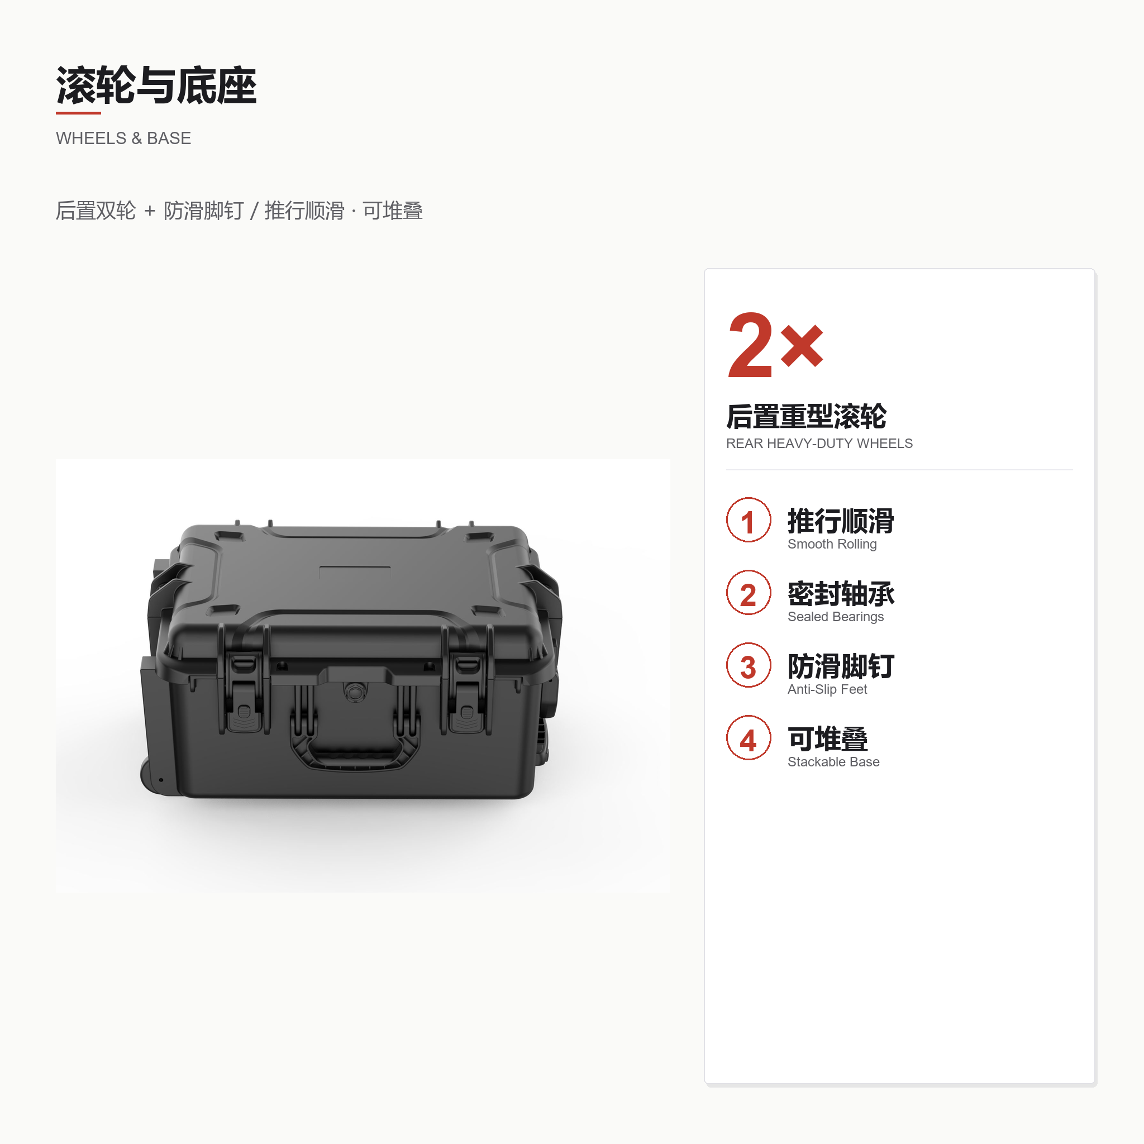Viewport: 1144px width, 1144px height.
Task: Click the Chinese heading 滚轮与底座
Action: (156, 86)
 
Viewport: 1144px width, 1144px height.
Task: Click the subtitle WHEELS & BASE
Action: (123, 139)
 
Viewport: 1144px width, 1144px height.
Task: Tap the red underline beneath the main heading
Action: (78, 112)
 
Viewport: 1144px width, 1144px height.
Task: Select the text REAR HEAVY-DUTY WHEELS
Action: (819, 444)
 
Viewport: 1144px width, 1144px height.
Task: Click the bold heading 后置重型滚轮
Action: (807, 416)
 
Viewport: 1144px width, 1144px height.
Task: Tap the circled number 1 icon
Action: (749, 520)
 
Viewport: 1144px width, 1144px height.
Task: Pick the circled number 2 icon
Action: (749, 593)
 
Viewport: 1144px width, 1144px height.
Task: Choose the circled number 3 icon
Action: (749, 665)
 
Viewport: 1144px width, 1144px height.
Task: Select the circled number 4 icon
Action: (749, 738)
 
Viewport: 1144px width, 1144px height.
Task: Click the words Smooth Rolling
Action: (832, 544)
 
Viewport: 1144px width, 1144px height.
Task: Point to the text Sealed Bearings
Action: (836, 617)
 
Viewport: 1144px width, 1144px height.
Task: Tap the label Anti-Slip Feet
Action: (827, 689)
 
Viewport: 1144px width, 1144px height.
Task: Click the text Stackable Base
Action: (833, 762)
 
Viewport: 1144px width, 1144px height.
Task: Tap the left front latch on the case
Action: (244, 693)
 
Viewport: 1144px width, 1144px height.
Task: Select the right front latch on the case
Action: (466, 693)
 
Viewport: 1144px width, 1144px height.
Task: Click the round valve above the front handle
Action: (355, 691)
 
